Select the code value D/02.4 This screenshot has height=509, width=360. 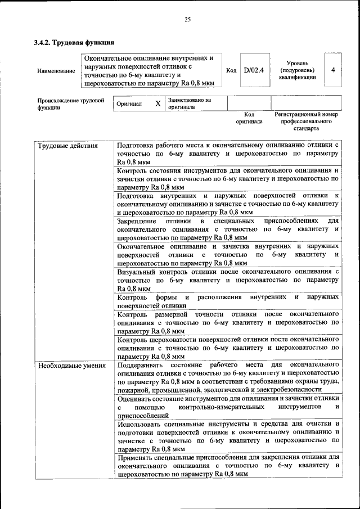point(254,70)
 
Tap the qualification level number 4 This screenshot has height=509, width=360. point(334,70)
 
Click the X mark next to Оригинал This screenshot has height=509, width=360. point(157,103)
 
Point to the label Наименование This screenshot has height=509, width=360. point(56,71)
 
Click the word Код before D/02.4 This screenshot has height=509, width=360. point(231,70)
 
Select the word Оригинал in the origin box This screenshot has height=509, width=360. point(129,104)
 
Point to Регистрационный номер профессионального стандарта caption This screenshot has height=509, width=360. point(306,121)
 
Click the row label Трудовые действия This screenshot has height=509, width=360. point(67,146)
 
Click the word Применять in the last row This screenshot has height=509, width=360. point(137,458)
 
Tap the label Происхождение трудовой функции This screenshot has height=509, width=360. point(70,104)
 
